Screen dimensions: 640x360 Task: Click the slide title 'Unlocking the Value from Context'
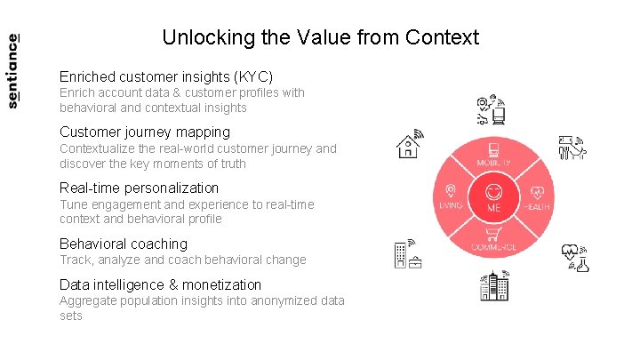tap(320, 37)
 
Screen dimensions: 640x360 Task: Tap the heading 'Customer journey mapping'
tap(144, 132)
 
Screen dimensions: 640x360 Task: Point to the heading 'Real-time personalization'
tap(139, 188)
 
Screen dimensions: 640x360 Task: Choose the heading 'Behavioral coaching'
tap(124, 244)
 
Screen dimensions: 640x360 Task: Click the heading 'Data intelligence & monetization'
tap(160, 284)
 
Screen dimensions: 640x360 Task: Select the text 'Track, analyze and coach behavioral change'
tap(182, 260)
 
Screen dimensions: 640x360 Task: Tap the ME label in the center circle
tap(494, 208)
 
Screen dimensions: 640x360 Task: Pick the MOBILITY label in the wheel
tap(494, 164)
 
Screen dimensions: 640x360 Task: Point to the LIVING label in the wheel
tap(451, 206)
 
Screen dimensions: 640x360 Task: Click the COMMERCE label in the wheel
tap(494, 246)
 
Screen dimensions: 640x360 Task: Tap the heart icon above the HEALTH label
tap(538, 191)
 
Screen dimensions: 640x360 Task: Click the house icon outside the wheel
tap(409, 144)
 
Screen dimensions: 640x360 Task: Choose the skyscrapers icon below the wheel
tap(494, 284)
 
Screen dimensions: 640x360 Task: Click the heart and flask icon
tap(576, 257)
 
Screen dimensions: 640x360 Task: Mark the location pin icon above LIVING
tap(451, 190)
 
